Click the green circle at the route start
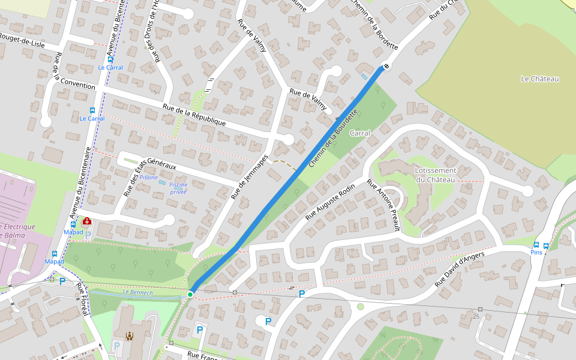pyautogui.click(x=190, y=294)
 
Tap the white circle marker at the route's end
pyautogui.click(x=386, y=66)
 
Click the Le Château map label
pyautogui.click(x=539, y=79)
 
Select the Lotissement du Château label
pyautogui.click(x=435, y=175)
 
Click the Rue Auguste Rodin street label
pyautogui.click(x=330, y=202)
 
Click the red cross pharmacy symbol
pyautogui.click(x=87, y=221)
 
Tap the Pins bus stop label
pyautogui.click(x=536, y=253)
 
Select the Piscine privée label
pyautogui.click(x=178, y=188)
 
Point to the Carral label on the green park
pyautogui.click(x=360, y=133)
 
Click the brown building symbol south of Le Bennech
pyautogui.click(x=129, y=337)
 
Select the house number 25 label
pyautogui.click(x=476, y=316)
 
